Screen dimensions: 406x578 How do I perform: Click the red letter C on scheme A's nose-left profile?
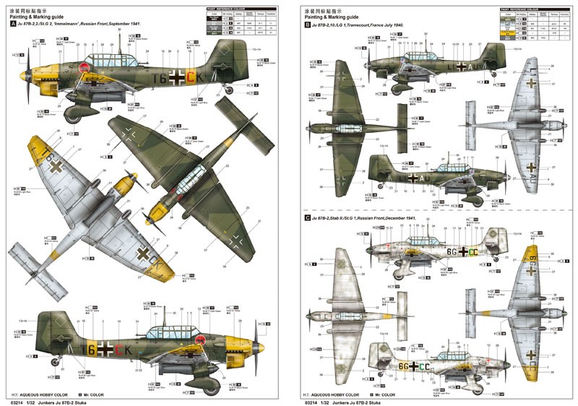tap(191, 75)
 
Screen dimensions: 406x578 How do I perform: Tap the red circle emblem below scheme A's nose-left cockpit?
tap(85, 69)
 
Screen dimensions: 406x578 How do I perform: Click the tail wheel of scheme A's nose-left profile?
tap(230, 89)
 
